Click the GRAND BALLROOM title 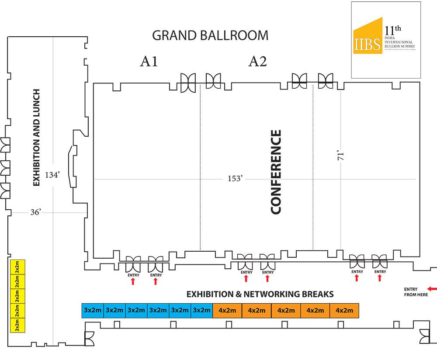210,35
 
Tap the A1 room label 149,62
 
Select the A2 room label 257,62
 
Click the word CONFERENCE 276,172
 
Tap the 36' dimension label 35,212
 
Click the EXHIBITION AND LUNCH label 37,138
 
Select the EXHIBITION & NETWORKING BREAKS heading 260,294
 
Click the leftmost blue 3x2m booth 93,310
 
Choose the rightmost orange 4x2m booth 344,310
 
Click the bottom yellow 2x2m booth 18,325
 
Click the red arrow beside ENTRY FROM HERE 432,289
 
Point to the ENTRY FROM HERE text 410,292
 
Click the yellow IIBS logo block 368,38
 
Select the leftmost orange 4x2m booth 227,310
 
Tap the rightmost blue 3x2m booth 202,310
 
